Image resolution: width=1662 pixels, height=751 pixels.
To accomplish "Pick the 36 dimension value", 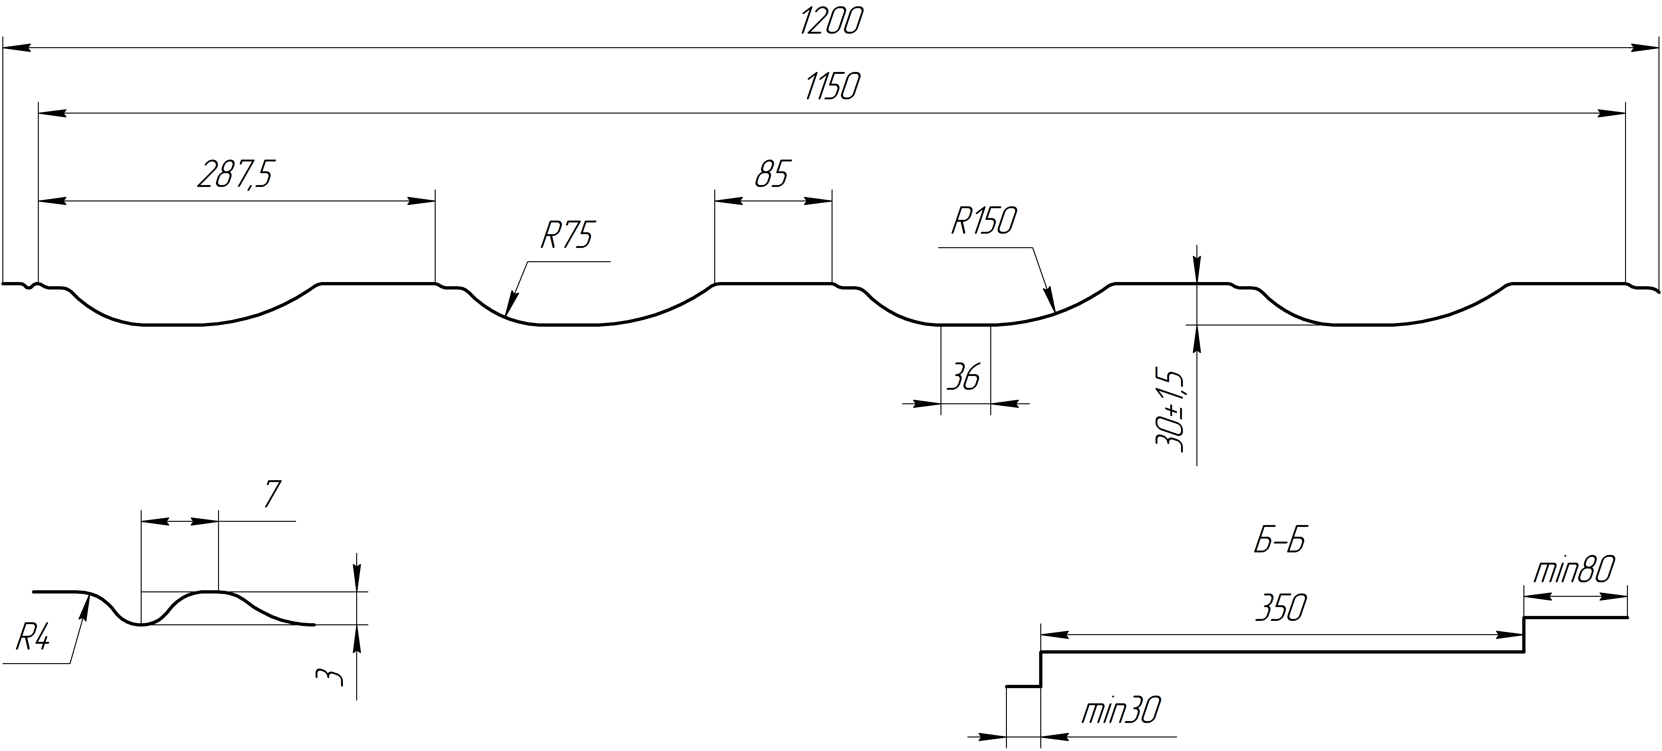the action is click(x=964, y=377).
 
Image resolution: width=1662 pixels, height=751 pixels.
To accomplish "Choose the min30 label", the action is click(x=1121, y=711).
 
